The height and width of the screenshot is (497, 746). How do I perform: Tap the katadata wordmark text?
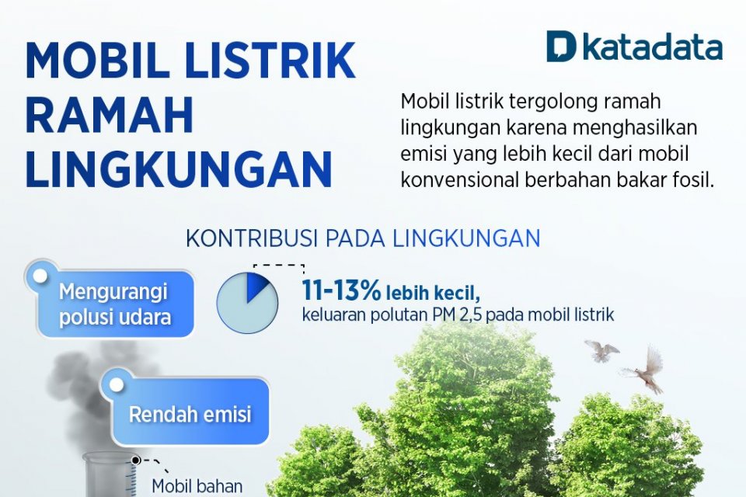tap(653, 47)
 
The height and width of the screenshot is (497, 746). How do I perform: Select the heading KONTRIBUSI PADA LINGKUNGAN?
tap(363, 238)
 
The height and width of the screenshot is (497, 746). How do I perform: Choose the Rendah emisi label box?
tap(190, 414)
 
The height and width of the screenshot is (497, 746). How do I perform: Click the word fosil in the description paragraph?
tap(694, 180)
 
